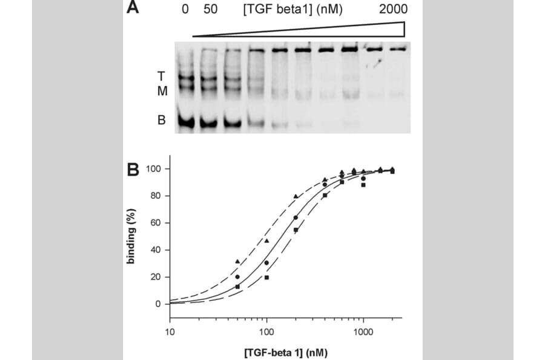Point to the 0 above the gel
pyautogui.click(x=185, y=9)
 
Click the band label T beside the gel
pyautogui.click(x=160, y=76)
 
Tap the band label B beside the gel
pyautogui.click(x=161, y=120)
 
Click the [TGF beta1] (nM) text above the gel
pyautogui.click(x=293, y=9)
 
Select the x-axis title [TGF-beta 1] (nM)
pyautogui.click(x=283, y=351)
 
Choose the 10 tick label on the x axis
pyautogui.click(x=170, y=332)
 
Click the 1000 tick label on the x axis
pyautogui.click(x=362, y=332)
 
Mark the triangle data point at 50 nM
pyautogui.click(x=237, y=261)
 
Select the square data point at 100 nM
pyautogui.click(x=266, y=277)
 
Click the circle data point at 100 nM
pyautogui.click(x=266, y=263)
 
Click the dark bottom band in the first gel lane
pyautogui.click(x=186, y=122)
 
